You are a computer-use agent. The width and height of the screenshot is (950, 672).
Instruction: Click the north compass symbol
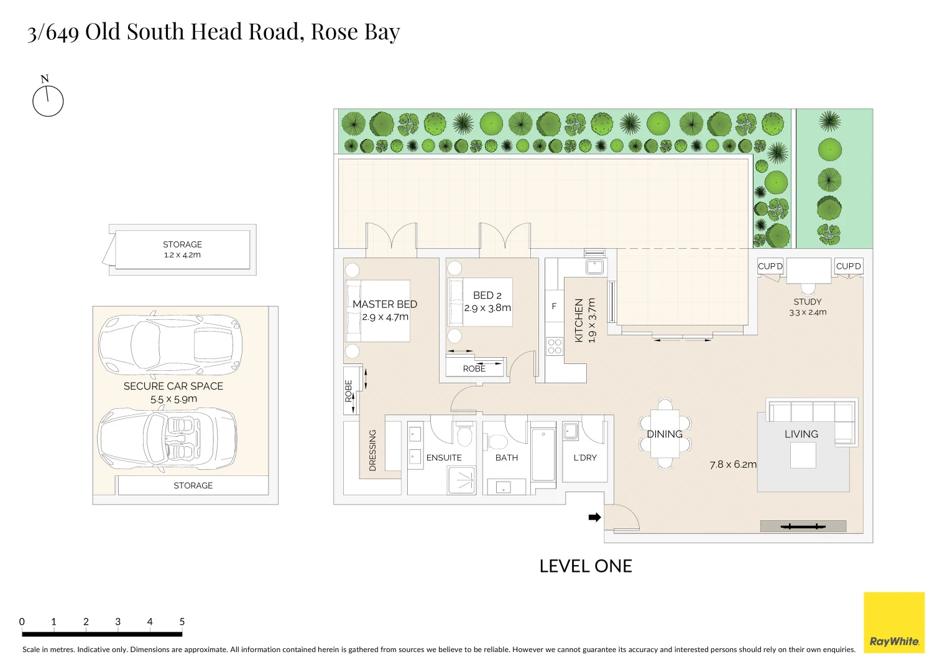pyautogui.click(x=48, y=100)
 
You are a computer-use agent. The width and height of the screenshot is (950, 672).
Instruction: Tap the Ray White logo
pyautogui.click(x=894, y=622)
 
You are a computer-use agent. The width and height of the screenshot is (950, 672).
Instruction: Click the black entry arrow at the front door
pyautogui.click(x=594, y=517)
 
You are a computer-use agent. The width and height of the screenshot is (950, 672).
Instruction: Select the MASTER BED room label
pyautogui.click(x=384, y=304)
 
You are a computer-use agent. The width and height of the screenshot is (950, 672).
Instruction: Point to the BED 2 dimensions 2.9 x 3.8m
pyautogui.click(x=487, y=308)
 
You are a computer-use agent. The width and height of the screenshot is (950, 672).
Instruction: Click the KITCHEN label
pyautogui.click(x=579, y=320)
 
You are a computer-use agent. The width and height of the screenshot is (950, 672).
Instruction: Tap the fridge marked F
pyautogui.click(x=554, y=306)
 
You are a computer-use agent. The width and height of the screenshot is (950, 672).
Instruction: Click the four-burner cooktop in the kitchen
pyautogui.click(x=554, y=347)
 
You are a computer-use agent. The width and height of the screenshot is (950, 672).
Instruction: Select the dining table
pyautogui.click(x=665, y=434)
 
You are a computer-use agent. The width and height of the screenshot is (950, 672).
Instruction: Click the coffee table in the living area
pyautogui.click(x=803, y=455)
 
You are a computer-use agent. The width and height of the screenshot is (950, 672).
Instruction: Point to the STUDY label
pyautogui.click(x=807, y=302)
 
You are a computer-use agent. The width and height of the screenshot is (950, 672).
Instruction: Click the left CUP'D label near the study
pyautogui.click(x=770, y=266)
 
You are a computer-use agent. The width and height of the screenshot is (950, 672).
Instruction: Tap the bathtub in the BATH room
pyautogui.click(x=543, y=455)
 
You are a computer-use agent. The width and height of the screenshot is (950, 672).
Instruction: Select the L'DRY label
pyautogui.click(x=584, y=457)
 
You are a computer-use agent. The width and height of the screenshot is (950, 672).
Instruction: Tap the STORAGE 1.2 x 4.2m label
pyautogui.click(x=182, y=250)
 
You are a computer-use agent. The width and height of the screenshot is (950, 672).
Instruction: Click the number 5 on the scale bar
pyautogui.click(x=182, y=622)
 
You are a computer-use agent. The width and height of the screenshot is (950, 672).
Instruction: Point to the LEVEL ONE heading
pyautogui.click(x=585, y=566)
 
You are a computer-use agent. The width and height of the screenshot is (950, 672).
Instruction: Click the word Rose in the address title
pyautogui.click(x=334, y=32)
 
